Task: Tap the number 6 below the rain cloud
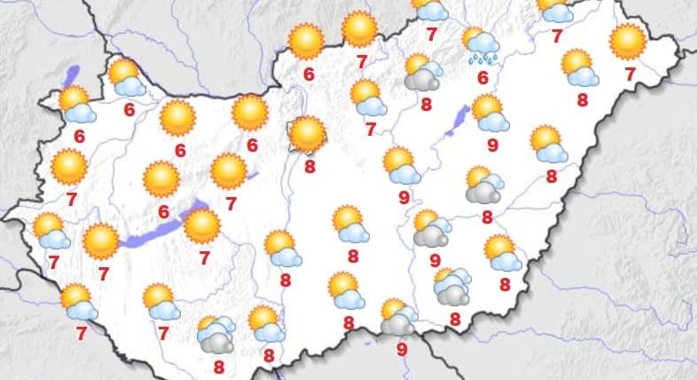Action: (x=483, y=77)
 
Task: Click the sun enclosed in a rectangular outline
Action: (x=308, y=134)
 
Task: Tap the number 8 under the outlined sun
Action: (x=309, y=166)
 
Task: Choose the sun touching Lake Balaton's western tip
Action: (x=100, y=241)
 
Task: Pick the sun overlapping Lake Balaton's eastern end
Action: (x=202, y=226)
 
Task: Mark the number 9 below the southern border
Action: (x=402, y=349)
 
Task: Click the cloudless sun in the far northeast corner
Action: (x=628, y=41)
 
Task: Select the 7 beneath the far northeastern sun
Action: (x=630, y=75)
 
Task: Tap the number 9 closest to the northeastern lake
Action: (x=492, y=145)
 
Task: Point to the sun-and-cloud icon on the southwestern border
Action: (x=79, y=303)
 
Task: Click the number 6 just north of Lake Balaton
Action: (x=163, y=211)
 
